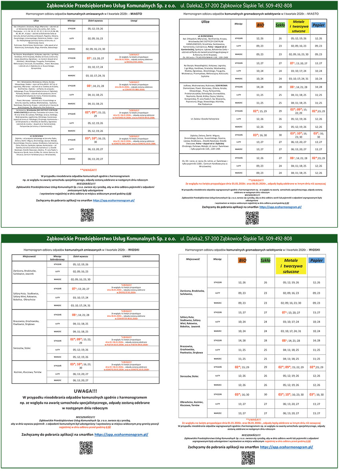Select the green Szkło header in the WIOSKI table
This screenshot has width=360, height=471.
(x=265, y=261)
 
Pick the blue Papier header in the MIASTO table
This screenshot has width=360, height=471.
(x=318, y=25)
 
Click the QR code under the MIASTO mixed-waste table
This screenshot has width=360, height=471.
(x=87, y=215)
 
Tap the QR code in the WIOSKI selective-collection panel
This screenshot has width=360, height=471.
(x=248, y=457)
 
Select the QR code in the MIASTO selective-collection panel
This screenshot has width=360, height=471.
(x=252, y=218)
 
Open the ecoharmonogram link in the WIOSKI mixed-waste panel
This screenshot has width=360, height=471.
(x=121, y=434)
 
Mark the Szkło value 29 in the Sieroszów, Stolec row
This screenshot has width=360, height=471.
(x=265, y=367)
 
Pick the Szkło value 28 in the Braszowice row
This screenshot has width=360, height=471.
(x=265, y=341)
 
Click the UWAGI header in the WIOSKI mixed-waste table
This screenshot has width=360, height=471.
(x=127, y=256)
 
